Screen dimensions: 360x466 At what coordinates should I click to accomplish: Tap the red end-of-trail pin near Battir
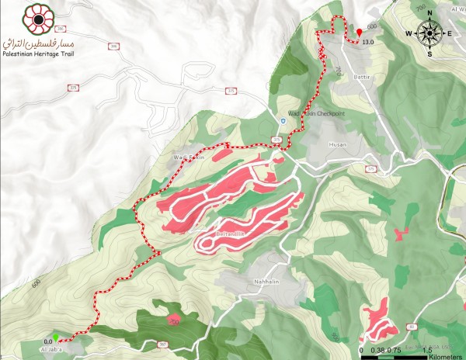[x=359, y=32]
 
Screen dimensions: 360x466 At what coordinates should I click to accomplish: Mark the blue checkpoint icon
[x=283, y=122]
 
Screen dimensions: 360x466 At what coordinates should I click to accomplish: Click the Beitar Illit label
[x=231, y=233]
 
